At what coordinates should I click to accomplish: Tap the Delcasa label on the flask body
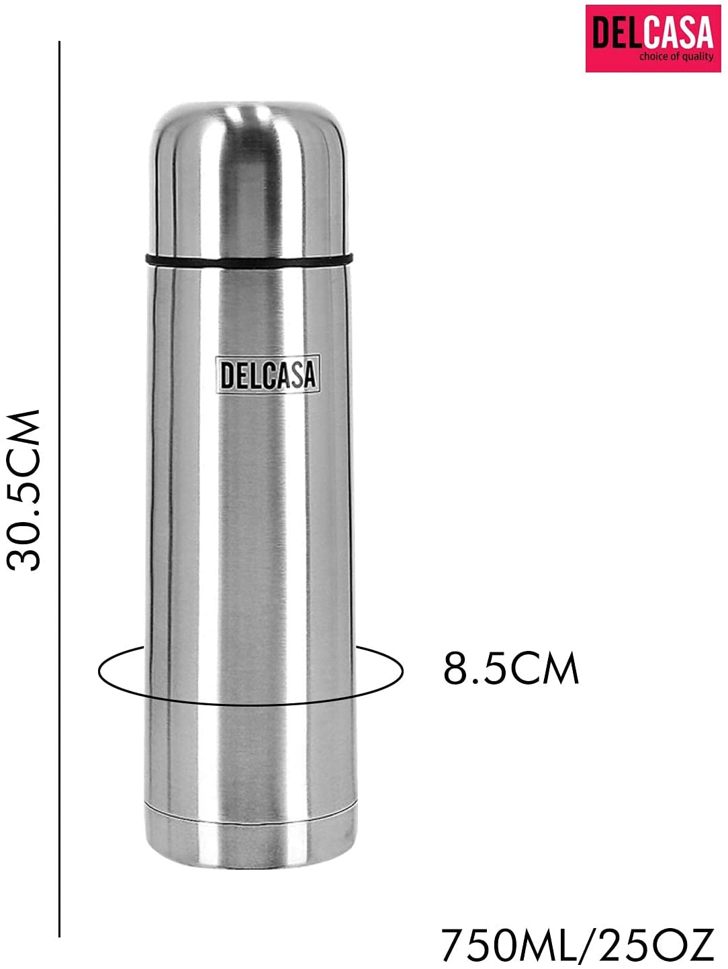[267, 374]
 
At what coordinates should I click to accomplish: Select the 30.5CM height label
[25, 490]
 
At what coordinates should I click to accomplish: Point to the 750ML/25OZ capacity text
[577, 946]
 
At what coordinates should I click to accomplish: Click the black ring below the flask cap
[249, 258]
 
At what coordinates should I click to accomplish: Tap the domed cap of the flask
[249, 174]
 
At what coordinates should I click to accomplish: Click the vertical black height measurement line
[60, 490]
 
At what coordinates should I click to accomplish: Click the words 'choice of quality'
[676, 57]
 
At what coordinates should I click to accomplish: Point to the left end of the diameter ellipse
[100, 671]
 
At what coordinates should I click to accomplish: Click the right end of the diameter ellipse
[402, 671]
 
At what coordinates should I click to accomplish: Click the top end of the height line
[60, 43]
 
